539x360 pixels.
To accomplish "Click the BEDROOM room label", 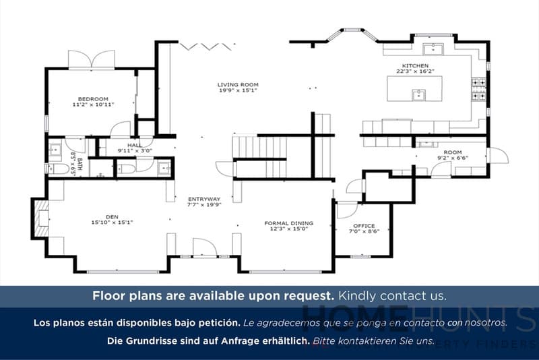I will click(94, 98).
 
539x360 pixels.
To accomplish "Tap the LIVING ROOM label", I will click(237, 84).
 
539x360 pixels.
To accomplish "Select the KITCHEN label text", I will click(415, 65).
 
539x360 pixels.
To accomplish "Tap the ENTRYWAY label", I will click(203, 199).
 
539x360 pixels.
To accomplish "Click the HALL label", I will click(134, 145).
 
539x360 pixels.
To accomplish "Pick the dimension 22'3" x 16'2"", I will click(415, 71).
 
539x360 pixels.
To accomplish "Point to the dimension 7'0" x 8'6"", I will click(364, 232).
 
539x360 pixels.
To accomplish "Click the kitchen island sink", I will click(418, 94).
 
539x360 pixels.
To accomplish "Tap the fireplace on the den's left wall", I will click(41, 218).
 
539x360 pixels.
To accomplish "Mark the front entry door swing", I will click(203, 248).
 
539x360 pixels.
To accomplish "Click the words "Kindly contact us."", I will click(392, 296).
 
